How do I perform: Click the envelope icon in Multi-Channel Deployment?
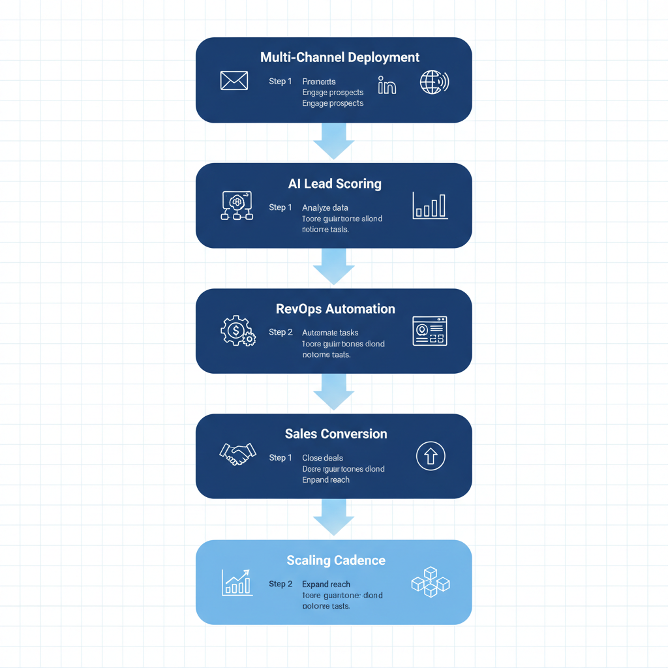click(234, 81)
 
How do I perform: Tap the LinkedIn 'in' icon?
click(387, 85)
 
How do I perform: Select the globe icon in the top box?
click(434, 82)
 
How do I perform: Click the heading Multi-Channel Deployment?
click(339, 57)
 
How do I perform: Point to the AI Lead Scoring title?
click(334, 184)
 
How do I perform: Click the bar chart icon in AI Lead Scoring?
click(430, 205)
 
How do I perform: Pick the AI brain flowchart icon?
click(237, 205)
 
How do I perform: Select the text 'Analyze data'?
click(325, 207)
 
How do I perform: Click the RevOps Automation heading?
click(335, 309)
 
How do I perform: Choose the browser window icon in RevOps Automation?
click(430, 331)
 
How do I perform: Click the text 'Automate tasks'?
click(330, 333)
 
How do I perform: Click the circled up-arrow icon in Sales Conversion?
click(431, 456)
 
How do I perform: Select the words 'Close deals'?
click(322, 458)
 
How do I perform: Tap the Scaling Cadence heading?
click(335, 560)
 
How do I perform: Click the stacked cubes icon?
click(431, 582)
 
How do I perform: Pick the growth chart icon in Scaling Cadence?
click(236, 582)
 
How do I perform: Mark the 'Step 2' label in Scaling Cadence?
click(281, 584)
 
